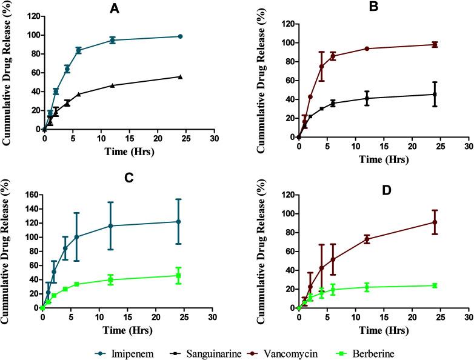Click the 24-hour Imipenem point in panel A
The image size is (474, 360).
(x=180, y=36)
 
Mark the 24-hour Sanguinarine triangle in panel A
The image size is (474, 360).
(x=180, y=76)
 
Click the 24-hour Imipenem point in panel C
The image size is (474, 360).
(x=178, y=222)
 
